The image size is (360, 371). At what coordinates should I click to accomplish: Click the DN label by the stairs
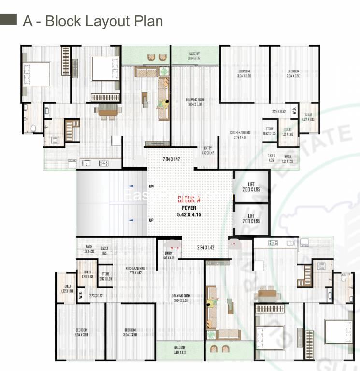pos(151,185)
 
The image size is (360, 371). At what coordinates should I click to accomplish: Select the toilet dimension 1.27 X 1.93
pos(308,119)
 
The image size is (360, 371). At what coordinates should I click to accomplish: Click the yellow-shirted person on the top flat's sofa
pos(165,102)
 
